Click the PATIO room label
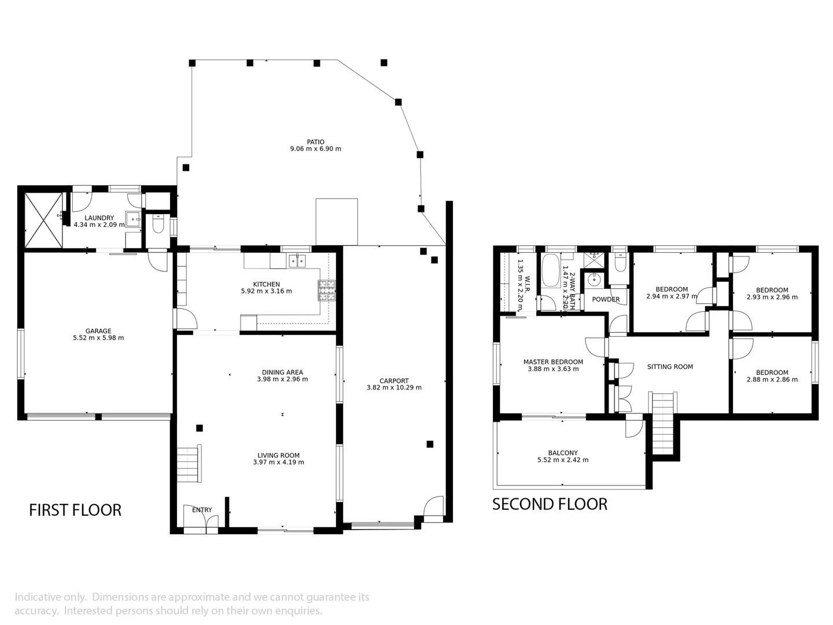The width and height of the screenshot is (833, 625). pyautogui.click(x=315, y=142)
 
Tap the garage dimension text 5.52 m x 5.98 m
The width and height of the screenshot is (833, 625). pyautogui.click(x=98, y=338)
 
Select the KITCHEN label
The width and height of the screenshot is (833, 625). pyautogui.click(x=266, y=284)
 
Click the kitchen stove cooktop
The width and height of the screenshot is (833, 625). pyautogui.click(x=326, y=291)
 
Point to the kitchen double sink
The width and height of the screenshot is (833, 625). pyautogui.click(x=297, y=261)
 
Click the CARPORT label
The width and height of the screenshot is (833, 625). pyautogui.click(x=394, y=381)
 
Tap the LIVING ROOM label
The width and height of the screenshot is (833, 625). pyautogui.click(x=278, y=455)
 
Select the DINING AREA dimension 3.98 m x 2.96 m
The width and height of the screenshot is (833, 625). pyautogui.click(x=282, y=380)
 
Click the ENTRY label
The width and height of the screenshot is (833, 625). pyautogui.click(x=202, y=510)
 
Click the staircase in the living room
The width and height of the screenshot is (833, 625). pyautogui.click(x=189, y=464)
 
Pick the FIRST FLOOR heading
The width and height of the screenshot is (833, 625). pyautogui.click(x=75, y=510)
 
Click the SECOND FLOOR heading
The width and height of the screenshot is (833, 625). pyautogui.click(x=550, y=504)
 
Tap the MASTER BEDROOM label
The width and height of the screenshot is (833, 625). pyautogui.click(x=553, y=362)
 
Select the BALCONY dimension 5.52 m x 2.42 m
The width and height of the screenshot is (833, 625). pyautogui.click(x=563, y=460)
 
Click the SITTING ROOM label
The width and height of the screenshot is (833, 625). pyautogui.click(x=670, y=366)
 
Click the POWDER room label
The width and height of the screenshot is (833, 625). pyautogui.click(x=606, y=299)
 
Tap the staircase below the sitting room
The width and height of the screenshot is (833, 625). pyautogui.click(x=664, y=424)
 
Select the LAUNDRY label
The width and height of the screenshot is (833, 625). pyautogui.click(x=99, y=218)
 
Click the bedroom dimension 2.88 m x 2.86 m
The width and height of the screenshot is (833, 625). pyautogui.click(x=772, y=380)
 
